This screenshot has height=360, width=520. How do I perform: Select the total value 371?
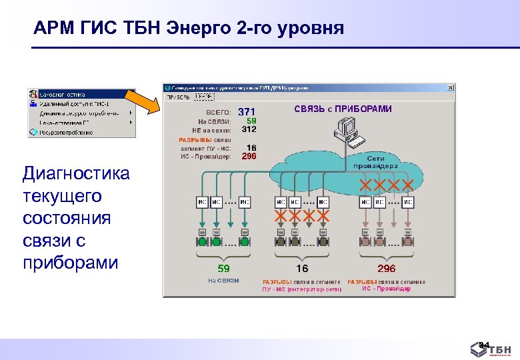click(x=247, y=111)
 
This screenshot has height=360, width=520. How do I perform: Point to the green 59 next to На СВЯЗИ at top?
click(x=251, y=121)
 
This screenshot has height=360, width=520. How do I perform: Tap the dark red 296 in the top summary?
click(x=249, y=156)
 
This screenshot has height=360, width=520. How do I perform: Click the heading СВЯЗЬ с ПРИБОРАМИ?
click(x=343, y=109)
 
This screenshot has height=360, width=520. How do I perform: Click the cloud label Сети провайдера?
click(x=377, y=161)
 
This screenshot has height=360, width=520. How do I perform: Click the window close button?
click(x=451, y=87)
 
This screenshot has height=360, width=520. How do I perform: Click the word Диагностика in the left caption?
click(x=75, y=174)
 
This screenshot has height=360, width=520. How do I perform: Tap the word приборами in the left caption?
click(x=70, y=262)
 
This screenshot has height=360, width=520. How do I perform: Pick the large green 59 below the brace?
click(x=223, y=269)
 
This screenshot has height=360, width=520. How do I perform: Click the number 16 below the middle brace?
click(x=302, y=269)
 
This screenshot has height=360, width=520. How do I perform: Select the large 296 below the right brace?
click(x=386, y=269)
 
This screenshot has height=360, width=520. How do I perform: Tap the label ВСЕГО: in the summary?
click(x=218, y=112)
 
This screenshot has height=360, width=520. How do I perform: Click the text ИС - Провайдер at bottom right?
click(x=386, y=289)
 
